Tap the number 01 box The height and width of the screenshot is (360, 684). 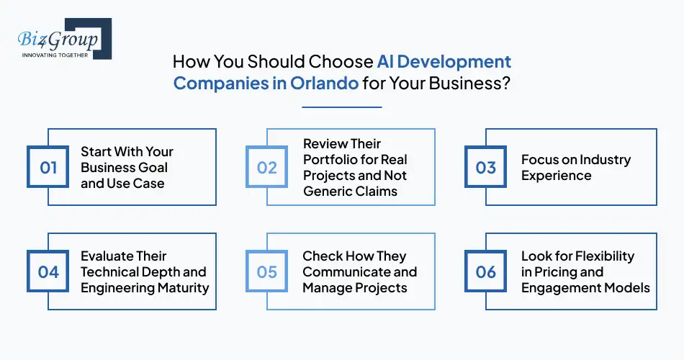48,168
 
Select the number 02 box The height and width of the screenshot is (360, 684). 267,168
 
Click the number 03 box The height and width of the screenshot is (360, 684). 486,168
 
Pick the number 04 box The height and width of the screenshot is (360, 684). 48,272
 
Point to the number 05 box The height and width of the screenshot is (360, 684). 267,272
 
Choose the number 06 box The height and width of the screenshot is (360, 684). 486,272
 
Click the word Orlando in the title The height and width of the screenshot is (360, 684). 324,82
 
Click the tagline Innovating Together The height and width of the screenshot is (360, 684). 55,55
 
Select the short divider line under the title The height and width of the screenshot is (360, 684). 341,107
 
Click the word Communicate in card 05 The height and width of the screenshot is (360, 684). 351,272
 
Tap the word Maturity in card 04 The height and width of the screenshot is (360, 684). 181,288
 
